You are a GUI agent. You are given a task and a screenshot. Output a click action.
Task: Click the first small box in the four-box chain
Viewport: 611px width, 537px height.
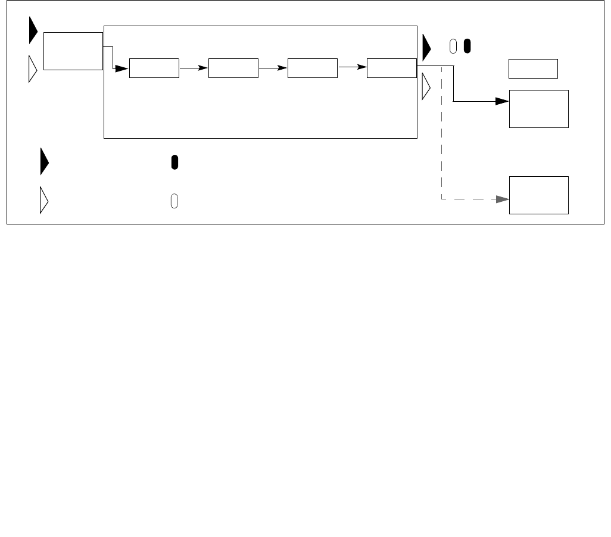click(154, 68)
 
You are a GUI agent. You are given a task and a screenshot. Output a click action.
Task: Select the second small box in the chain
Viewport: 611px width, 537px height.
click(233, 68)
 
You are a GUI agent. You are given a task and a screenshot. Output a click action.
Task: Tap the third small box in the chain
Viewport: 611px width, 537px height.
click(312, 68)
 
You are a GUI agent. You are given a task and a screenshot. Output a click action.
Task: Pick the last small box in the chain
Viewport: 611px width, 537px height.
click(392, 68)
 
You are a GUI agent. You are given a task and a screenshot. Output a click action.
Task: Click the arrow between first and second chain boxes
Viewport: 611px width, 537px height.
click(194, 68)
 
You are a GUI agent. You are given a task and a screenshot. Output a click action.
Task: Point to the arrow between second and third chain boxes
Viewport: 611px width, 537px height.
click(273, 68)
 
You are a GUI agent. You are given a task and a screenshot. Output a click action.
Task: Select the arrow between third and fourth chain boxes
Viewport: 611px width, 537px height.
click(352, 68)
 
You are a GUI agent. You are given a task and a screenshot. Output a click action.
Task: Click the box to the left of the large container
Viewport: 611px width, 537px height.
click(73, 51)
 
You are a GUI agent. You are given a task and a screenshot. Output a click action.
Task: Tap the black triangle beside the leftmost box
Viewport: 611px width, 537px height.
click(33, 31)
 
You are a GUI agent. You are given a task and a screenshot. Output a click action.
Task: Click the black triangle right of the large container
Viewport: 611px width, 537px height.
click(426, 48)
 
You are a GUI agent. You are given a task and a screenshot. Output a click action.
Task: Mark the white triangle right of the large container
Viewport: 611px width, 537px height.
click(426, 86)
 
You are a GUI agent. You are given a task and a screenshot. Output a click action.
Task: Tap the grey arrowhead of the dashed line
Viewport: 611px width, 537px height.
click(501, 199)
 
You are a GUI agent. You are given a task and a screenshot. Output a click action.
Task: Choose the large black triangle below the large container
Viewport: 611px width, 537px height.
click(45, 163)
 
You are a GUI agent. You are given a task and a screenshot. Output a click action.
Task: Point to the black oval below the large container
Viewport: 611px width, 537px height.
click(174, 163)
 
